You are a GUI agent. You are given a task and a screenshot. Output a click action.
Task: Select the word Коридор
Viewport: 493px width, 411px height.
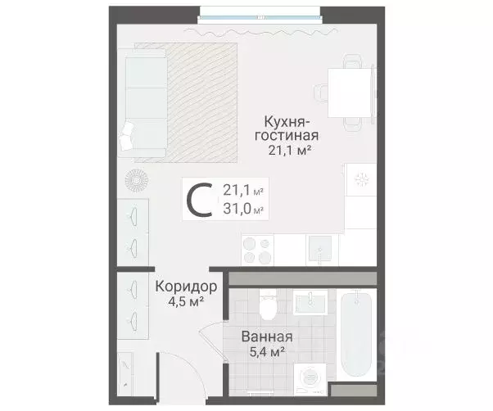coord(185,287)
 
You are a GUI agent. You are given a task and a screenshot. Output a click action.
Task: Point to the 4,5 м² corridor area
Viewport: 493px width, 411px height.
coord(185,302)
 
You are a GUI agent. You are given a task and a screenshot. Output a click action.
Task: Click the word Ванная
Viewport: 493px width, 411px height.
coord(267,336)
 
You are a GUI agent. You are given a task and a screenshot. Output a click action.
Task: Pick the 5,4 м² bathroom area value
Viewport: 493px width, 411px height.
coord(267,352)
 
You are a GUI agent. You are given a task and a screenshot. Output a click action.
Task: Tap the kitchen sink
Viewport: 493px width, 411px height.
coord(320,247)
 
